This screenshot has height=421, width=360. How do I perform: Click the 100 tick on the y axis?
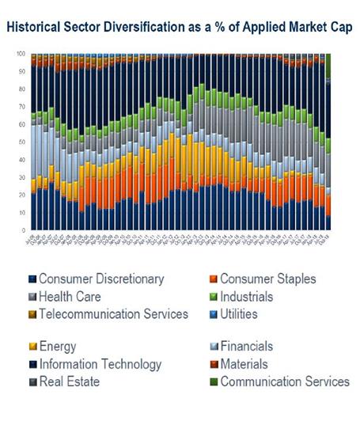pos(21,54)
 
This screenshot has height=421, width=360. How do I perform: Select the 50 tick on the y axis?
pos(22,142)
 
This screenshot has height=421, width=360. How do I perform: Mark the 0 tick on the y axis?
pos(24,230)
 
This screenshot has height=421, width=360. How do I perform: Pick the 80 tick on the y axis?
pos(22,89)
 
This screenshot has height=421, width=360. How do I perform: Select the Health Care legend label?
pos(72,296)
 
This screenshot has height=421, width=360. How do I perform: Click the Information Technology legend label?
pos(100,364)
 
